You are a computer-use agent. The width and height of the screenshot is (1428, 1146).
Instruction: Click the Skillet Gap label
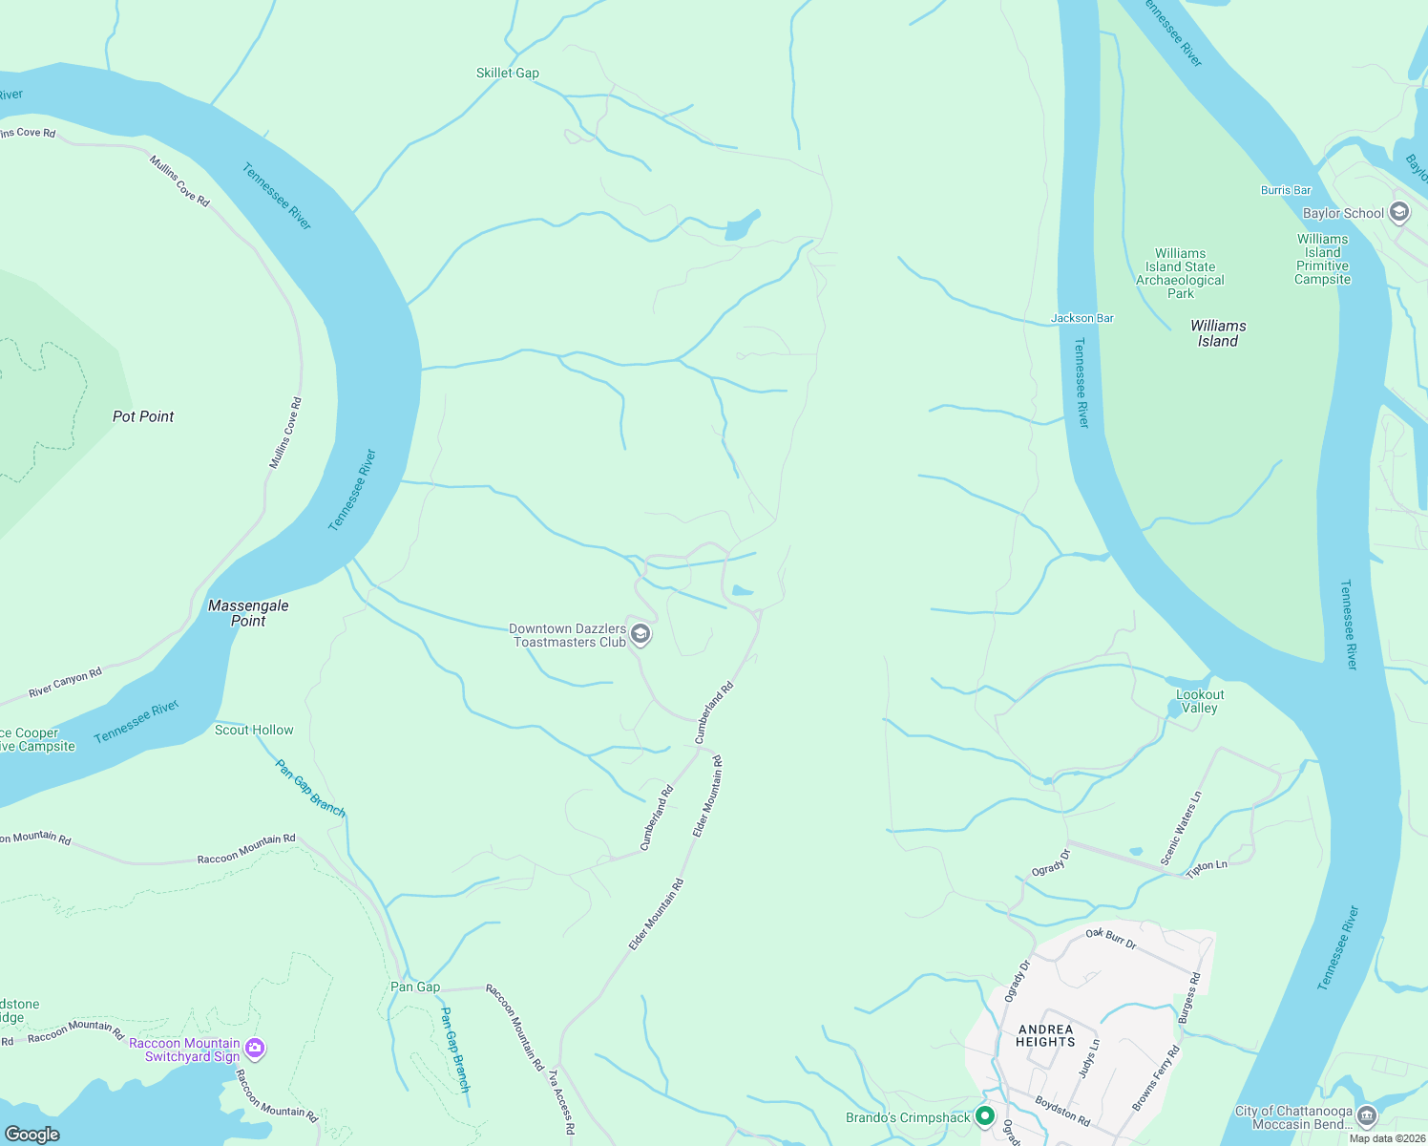tap(507, 73)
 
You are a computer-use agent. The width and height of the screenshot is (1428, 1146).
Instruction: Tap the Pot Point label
tap(143, 416)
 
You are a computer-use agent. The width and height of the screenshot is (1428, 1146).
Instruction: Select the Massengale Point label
tap(248, 613)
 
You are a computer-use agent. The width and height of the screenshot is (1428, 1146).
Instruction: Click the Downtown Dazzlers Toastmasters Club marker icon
tap(641, 635)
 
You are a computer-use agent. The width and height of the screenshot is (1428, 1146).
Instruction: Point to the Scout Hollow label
tap(254, 730)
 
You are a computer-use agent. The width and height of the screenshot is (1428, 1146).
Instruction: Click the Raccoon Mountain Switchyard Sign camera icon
tap(254, 1049)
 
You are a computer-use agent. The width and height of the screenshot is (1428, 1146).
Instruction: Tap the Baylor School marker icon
tap(1399, 212)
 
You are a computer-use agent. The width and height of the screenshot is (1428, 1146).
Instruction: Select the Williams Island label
tap(1218, 333)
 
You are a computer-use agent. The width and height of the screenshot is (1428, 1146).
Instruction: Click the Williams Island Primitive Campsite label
tap(1322, 259)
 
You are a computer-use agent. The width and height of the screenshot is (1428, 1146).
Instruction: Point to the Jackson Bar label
tap(1082, 318)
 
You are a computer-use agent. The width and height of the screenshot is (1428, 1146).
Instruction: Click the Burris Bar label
tap(1286, 190)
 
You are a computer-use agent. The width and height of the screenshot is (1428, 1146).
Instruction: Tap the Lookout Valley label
tap(1200, 701)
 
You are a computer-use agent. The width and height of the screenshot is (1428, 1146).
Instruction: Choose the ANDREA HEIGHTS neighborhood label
tap(1045, 1035)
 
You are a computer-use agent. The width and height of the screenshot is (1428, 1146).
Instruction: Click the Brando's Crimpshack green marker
tap(985, 1115)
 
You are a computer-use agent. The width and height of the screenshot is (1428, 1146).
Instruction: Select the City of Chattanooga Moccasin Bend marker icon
tap(1367, 1115)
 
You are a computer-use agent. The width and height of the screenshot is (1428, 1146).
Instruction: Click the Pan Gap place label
tap(415, 987)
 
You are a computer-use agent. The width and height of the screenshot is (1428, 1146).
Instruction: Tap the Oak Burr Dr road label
tap(1111, 938)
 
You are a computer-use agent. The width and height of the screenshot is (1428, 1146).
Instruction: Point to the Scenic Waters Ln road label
tap(1181, 828)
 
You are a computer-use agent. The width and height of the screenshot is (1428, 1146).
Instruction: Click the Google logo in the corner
tap(32, 1134)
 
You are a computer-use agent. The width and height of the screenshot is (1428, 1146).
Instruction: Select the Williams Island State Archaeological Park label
tap(1180, 273)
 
